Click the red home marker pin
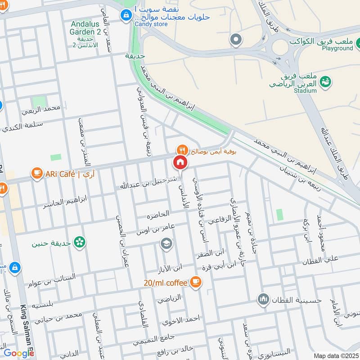180,162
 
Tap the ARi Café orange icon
36,173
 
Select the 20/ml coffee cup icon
195,282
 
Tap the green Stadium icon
326,81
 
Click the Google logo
19,353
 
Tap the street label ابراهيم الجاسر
65,202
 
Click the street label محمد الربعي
43,108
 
